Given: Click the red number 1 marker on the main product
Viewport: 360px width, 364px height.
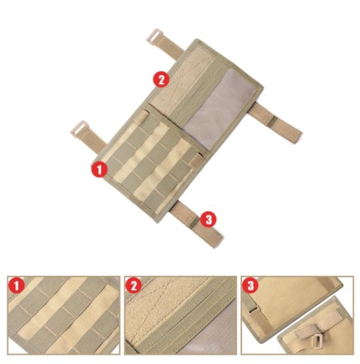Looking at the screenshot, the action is point(100,169).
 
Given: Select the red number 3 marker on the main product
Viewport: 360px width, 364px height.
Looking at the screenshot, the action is point(208,219).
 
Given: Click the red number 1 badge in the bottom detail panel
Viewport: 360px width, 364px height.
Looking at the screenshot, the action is point(16,285).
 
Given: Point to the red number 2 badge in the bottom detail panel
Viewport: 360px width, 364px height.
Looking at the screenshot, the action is point(134,285).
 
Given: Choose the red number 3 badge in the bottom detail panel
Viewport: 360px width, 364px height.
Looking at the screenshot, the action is point(250,285).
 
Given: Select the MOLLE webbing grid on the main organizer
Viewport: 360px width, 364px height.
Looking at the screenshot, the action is point(152,161).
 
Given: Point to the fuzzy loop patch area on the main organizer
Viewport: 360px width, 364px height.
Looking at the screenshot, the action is point(176,80).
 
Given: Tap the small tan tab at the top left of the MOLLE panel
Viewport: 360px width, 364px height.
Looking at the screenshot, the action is point(142,117).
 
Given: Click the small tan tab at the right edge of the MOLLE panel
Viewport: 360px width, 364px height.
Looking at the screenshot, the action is point(196,160).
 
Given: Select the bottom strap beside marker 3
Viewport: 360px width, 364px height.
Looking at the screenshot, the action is point(197,224).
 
